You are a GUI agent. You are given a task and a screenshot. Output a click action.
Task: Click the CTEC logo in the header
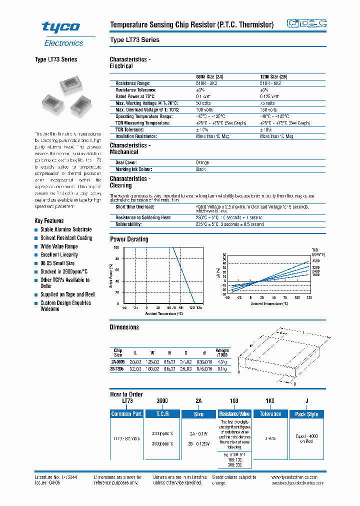click(306, 23)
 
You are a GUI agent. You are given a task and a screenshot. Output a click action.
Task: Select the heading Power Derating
click(129, 239)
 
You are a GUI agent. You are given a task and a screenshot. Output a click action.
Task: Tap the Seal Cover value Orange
click(202, 162)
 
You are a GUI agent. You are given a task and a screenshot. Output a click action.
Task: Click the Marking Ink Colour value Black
click(200, 169)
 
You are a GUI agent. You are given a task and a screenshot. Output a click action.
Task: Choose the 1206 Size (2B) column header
click(273, 77)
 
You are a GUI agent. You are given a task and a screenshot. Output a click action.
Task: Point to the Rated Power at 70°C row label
click(136, 96)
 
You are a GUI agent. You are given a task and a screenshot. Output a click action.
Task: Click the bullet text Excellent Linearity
click(59, 255)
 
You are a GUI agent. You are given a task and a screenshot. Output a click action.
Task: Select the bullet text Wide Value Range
click(59, 246)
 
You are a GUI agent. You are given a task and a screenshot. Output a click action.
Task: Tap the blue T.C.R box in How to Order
click(162, 414)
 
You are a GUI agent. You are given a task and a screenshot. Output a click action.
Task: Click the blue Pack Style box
click(306, 414)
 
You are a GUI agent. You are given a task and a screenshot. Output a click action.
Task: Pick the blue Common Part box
click(126, 414)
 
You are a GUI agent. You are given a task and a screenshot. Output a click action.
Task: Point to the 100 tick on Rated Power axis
click(116, 247)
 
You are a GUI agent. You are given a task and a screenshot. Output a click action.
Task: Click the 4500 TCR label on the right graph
click(315, 261)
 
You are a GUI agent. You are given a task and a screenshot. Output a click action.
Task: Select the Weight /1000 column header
click(222, 352)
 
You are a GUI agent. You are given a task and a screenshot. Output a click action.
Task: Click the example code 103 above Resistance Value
click(234, 401)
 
